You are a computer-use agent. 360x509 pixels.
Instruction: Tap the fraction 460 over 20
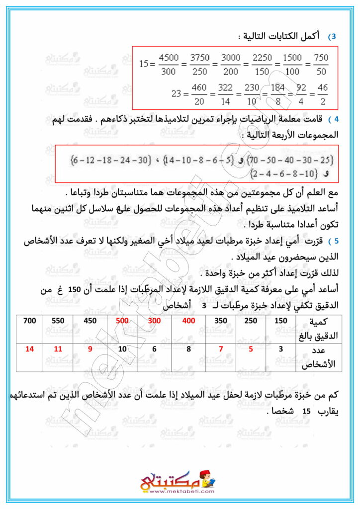tap(198, 94)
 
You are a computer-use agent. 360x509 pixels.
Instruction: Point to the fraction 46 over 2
tap(322, 94)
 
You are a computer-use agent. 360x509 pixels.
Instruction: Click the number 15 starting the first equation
tap(144, 65)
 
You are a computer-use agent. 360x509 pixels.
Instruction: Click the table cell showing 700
tap(30, 321)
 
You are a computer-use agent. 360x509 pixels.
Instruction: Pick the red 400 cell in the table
tap(188, 321)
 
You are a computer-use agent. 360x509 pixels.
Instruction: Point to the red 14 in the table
tap(30, 349)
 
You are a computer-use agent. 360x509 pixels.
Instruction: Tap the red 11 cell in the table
tap(59, 349)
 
